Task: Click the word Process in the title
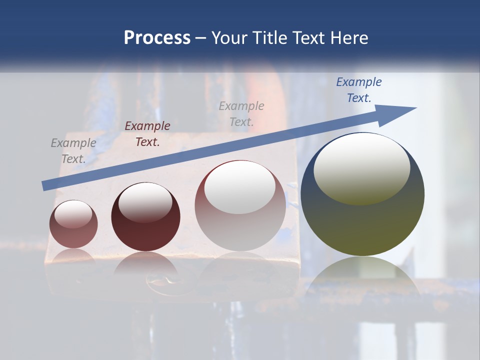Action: point(157,37)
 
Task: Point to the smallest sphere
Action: point(73,224)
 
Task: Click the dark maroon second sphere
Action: point(145,216)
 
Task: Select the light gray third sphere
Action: point(240,205)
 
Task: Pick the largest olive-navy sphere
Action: point(362,194)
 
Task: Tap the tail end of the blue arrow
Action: point(45,186)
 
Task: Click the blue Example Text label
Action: point(359,90)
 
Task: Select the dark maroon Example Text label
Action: point(147,134)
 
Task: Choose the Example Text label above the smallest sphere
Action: point(73,151)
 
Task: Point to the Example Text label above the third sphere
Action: point(241,113)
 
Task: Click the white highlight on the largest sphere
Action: point(362,168)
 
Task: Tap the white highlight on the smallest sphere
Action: point(73,214)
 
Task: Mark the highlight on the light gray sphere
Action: point(240,187)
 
